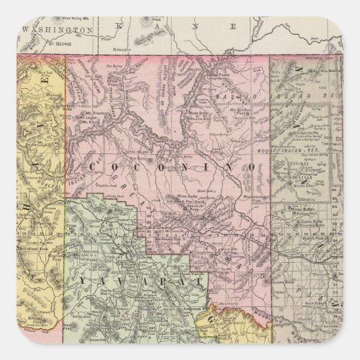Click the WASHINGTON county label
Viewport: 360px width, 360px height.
coord(57,31)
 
